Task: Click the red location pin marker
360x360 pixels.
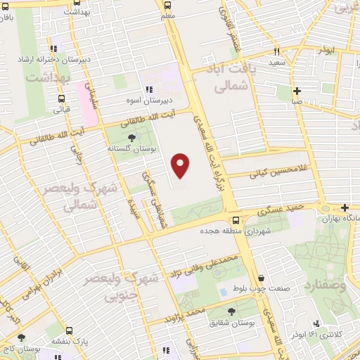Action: (x=181, y=165)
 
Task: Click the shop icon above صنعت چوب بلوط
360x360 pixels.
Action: (x=261, y=278)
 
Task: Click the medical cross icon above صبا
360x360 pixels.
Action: (x=297, y=91)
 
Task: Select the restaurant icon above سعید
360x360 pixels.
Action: (x=276, y=51)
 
